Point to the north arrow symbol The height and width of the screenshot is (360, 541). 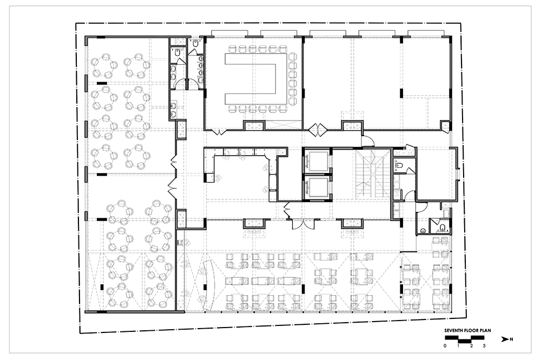click(505, 339)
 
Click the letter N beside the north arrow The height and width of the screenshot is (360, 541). click(511, 339)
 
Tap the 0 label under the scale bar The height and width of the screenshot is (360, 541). click(445, 345)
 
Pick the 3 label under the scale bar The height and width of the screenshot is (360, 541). click(484, 345)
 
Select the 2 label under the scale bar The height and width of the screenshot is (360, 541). click(471, 345)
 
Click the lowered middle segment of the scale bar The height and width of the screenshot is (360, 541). click(464, 341)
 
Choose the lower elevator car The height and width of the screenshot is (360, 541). click(318, 188)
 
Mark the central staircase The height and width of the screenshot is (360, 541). click(372, 174)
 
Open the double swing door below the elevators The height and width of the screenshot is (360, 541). click(303, 223)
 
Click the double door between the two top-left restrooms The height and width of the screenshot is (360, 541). click(186, 85)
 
